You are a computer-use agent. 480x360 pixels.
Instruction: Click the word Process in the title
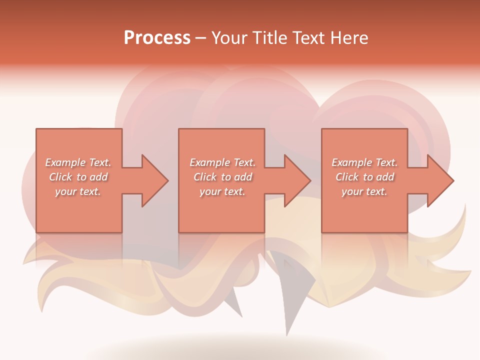click(157, 38)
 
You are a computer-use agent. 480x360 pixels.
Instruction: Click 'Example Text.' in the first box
click(78, 162)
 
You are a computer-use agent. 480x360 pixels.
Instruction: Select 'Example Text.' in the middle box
click(222, 162)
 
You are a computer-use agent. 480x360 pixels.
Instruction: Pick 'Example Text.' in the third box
click(364, 162)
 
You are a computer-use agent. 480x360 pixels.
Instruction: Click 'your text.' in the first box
click(78, 191)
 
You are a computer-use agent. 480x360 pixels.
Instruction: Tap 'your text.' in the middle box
click(222, 191)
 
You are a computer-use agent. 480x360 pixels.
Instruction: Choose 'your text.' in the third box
click(364, 191)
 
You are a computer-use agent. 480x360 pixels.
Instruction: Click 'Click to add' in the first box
click(78, 177)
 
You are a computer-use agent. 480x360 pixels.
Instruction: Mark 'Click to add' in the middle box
click(222, 177)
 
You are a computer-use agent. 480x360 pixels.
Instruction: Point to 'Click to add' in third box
click(364, 177)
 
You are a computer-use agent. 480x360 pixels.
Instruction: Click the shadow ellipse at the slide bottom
click(240, 347)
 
